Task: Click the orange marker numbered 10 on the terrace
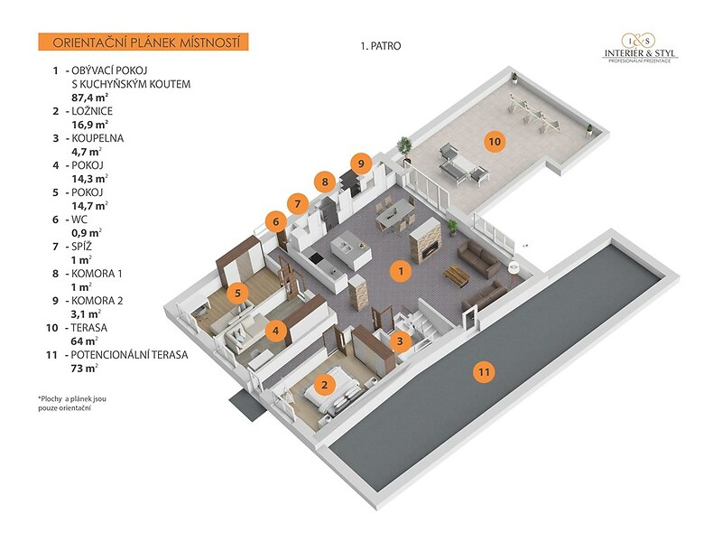(495, 141)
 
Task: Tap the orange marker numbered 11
(484, 372)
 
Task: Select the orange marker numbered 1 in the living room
(401, 271)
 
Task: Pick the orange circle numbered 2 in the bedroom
(325, 385)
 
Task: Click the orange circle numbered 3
(400, 341)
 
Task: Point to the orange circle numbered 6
(276, 222)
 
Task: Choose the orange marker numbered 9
(361, 164)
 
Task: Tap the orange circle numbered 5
(237, 293)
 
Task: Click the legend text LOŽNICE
(92, 111)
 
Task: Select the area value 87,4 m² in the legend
(89, 98)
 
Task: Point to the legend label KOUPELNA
(97, 138)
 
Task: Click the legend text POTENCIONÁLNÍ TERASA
(129, 355)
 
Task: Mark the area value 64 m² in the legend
(84, 341)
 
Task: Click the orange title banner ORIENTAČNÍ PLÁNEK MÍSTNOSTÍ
(143, 42)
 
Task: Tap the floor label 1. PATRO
(381, 46)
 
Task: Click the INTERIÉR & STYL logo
(640, 48)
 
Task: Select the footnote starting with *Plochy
(72, 403)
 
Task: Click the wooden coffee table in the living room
(458, 276)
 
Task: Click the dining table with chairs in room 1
(395, 213)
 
